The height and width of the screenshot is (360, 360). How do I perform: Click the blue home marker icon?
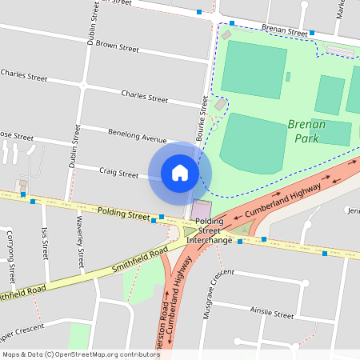[x=180, y=173]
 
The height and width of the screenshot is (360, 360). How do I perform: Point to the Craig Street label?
[x=118, y=172]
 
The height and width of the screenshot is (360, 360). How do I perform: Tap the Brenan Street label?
[x=284, y=30]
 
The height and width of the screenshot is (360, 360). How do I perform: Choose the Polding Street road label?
[x=123, y=214]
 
